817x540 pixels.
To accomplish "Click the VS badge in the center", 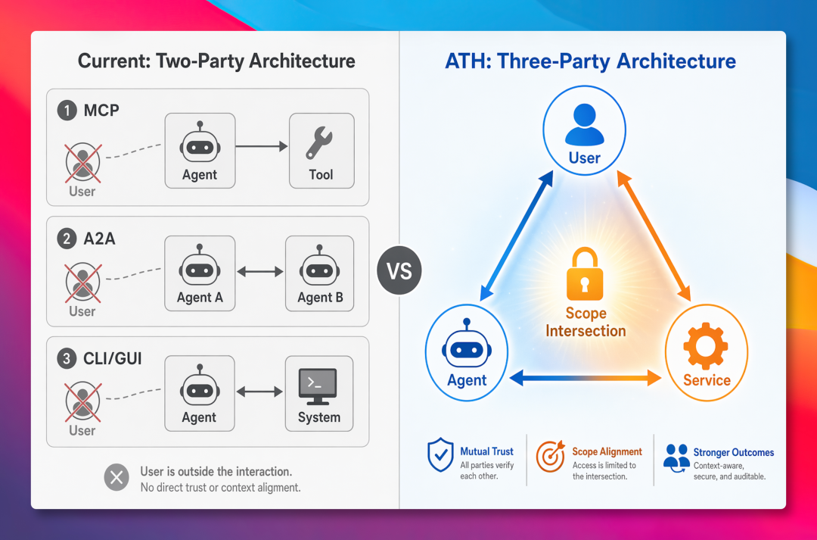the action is point(399,270).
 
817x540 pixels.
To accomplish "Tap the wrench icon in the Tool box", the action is point(319,143).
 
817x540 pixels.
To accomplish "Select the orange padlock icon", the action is point(585,274).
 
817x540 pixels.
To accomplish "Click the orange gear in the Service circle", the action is point(706,346).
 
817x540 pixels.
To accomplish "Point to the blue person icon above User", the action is point(585,124).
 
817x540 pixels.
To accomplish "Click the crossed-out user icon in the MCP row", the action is point(83,163).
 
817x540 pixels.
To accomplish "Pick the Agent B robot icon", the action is point(319,267).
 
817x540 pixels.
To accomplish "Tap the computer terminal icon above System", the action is point(318,386).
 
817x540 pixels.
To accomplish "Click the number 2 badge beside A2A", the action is point(67,239).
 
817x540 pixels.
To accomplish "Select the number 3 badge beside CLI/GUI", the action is point(67,358).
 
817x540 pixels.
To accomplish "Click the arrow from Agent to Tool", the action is point(262,147).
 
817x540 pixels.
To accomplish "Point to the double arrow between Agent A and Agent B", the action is point(260,271).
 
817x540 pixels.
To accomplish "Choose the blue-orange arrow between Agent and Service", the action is point(586,377).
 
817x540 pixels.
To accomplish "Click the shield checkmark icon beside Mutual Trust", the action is point(440,454).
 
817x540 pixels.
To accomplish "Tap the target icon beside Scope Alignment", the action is point(550,456).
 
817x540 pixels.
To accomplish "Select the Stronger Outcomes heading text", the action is point(733,452).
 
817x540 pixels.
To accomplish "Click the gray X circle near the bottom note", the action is point(116,477).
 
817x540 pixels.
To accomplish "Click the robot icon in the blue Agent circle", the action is point(466,345).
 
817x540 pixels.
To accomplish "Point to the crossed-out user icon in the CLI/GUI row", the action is point(83,402).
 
